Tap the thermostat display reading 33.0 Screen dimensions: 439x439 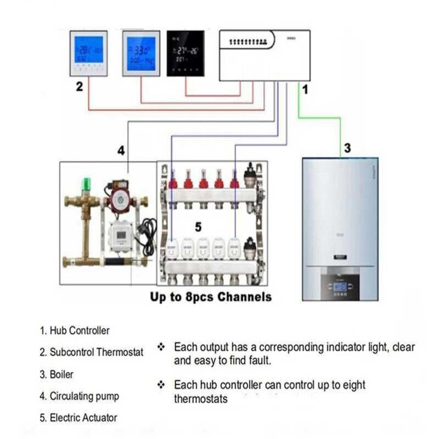coord(140,53)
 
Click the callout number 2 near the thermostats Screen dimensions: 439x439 coord(80,86)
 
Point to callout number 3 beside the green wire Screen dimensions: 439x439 coord(347,148)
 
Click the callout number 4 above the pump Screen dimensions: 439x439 coord(121,149)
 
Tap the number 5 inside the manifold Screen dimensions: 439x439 coord(199,226)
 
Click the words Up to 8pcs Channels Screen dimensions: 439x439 coord(211,297)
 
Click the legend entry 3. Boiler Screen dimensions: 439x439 coord(57,374)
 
